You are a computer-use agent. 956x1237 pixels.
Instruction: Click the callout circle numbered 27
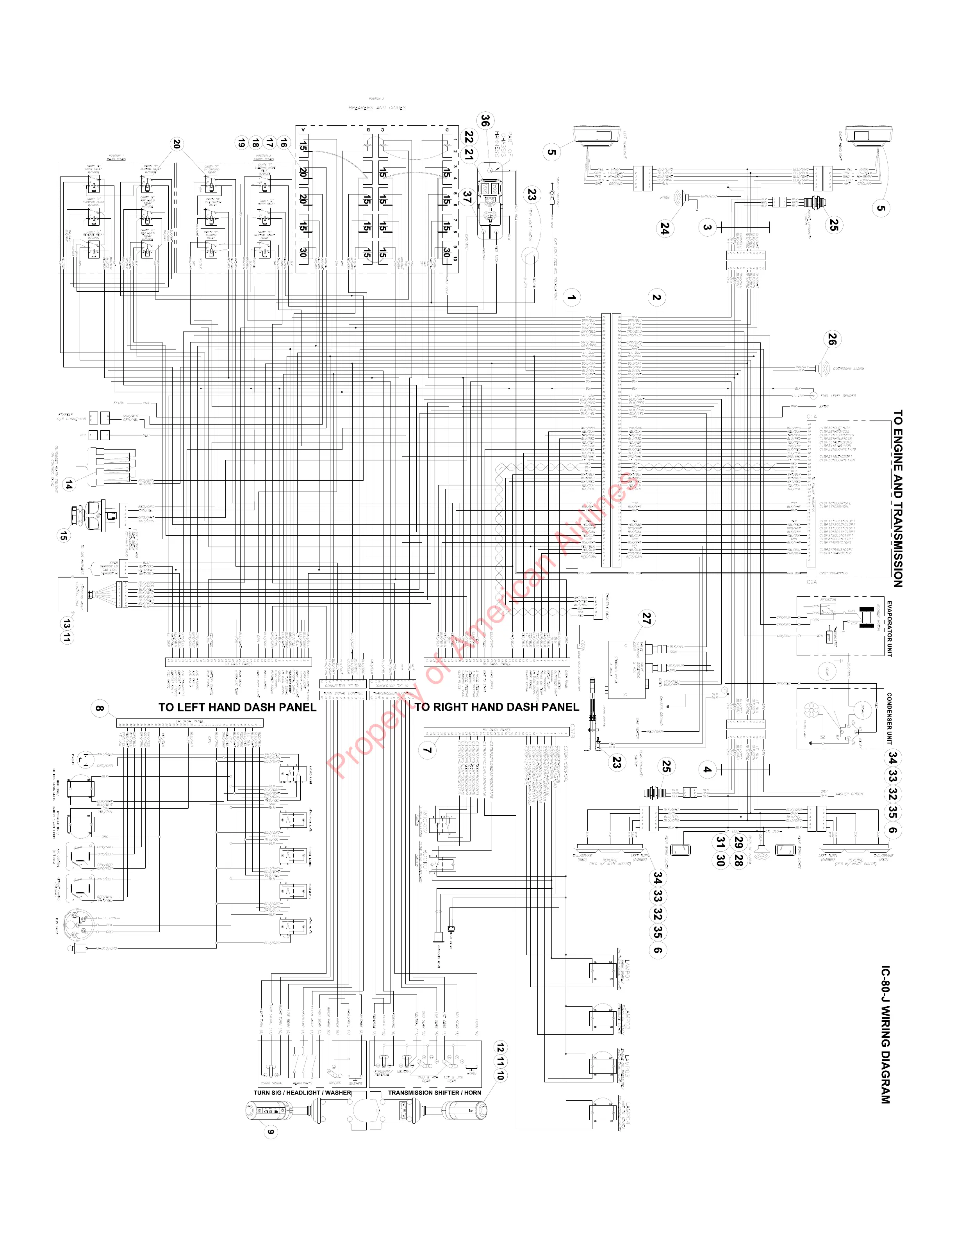[646, 619]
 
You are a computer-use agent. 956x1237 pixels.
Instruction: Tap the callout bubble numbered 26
[831, 340]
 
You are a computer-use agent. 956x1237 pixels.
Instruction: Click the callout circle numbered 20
[177, 145]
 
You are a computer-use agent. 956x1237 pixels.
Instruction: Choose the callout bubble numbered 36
[485, 121]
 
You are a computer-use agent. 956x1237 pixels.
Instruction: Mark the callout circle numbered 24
[665, 229]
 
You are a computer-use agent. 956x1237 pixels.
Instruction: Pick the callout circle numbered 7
[428, 750]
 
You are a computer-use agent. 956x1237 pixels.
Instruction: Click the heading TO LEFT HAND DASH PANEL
[237, 708]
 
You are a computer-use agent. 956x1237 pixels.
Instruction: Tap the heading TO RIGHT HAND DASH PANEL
[497, 708]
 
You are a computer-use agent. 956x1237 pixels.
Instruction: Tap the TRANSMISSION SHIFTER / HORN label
[434, 1093]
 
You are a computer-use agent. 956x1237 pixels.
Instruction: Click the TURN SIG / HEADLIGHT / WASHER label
[302, 1093]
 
